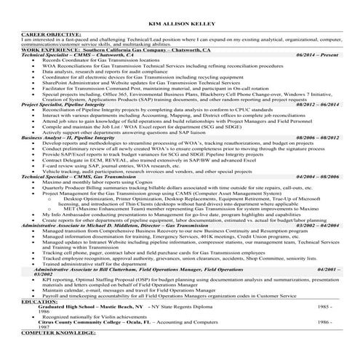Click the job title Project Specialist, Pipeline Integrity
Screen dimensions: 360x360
click(65, 105)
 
